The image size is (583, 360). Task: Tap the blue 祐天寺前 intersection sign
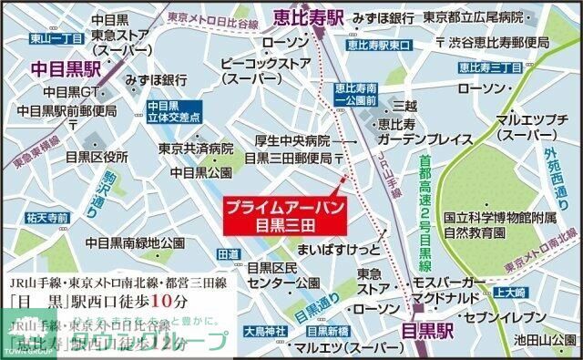click(x=47, y=218)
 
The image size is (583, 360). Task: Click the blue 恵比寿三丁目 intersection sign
click(x=487, y=67)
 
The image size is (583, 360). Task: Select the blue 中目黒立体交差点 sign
click(x=169, y=111)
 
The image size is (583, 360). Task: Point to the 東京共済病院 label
click(x=195, y=149)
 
